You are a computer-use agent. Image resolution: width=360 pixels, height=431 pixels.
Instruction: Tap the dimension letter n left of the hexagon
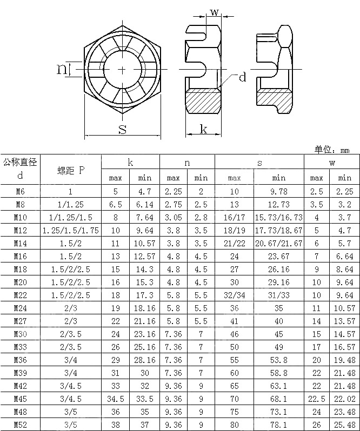pos(63,69)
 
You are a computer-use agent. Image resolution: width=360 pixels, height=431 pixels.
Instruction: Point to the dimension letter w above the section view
pos(215,12)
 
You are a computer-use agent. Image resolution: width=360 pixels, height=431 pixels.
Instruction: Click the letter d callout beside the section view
pos(242,77)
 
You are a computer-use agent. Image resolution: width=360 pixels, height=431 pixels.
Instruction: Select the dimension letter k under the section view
pos(203,129)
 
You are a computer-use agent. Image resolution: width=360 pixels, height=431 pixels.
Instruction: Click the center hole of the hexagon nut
pos(123,69)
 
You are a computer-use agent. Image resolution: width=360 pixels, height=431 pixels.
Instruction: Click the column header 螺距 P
pos(71,170)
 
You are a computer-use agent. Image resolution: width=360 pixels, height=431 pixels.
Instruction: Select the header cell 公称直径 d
pos(20,169)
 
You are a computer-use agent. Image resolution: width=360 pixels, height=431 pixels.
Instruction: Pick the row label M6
pos(20,191)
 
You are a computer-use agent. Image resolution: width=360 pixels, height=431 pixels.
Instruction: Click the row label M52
pos(20,425)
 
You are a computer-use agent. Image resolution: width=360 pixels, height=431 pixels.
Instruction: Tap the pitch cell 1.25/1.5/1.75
pos(71,230)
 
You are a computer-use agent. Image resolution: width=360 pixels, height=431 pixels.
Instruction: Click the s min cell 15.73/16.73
pos(279,217)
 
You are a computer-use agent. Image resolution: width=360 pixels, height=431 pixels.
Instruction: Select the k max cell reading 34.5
pos(116,399)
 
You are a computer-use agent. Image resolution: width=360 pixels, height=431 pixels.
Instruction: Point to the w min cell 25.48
pos(345,425)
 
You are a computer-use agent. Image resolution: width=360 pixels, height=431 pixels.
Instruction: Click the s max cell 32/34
pos(234,295)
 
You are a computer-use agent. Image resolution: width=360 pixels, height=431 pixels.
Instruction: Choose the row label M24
pos(20,308)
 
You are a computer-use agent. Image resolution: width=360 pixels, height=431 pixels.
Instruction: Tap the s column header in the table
pos(259,162)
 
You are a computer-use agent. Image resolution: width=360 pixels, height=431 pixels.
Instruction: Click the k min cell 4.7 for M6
pos(145,191)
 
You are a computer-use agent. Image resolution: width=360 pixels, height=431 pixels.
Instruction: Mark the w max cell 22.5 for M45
pos(317,399)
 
